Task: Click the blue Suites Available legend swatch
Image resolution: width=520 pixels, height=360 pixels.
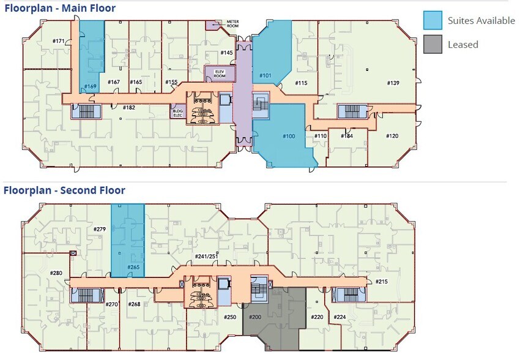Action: [x=433, y=20]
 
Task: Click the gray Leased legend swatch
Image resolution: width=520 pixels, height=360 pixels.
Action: [x=433, y=44]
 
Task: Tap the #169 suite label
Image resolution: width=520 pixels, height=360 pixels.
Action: [x=90, y=86]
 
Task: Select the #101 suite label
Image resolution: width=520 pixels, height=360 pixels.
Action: [x=265, y=76]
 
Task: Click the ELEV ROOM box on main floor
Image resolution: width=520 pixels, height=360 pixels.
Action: [x=219, y=73]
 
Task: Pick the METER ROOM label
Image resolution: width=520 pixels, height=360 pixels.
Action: [x=232, y=24]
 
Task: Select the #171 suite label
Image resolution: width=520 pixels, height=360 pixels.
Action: [x=58, y=41]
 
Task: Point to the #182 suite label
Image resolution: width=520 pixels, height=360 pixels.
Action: [x=128, y=108]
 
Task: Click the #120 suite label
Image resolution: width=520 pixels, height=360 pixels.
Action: [x=392, y=135]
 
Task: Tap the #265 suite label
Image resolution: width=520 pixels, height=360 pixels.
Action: [x=133, y=268]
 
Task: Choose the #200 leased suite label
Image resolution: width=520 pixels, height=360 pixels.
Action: [x=254, y=317]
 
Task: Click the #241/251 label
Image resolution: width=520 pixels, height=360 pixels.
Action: [x=204, y=256]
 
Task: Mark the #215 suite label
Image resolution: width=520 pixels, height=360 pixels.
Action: [x=381, y=281]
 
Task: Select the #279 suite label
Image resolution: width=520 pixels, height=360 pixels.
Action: [x=100, y=229]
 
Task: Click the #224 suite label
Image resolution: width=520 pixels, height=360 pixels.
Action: [x=340, y=317]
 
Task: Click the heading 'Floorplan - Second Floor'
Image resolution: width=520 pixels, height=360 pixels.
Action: [x=64, y=190]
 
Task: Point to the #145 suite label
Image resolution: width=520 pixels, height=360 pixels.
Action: [x=226, y=53]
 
